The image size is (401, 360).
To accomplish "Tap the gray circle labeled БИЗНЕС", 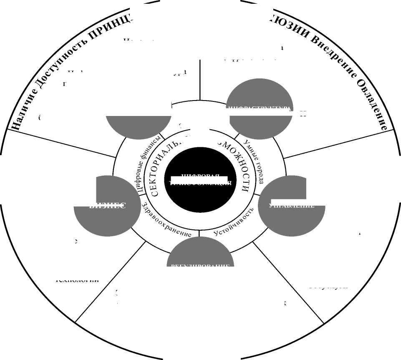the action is (107, 211).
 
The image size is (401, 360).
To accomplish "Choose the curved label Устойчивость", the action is (234, 222).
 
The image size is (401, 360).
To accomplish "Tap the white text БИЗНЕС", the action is (107, 206).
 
